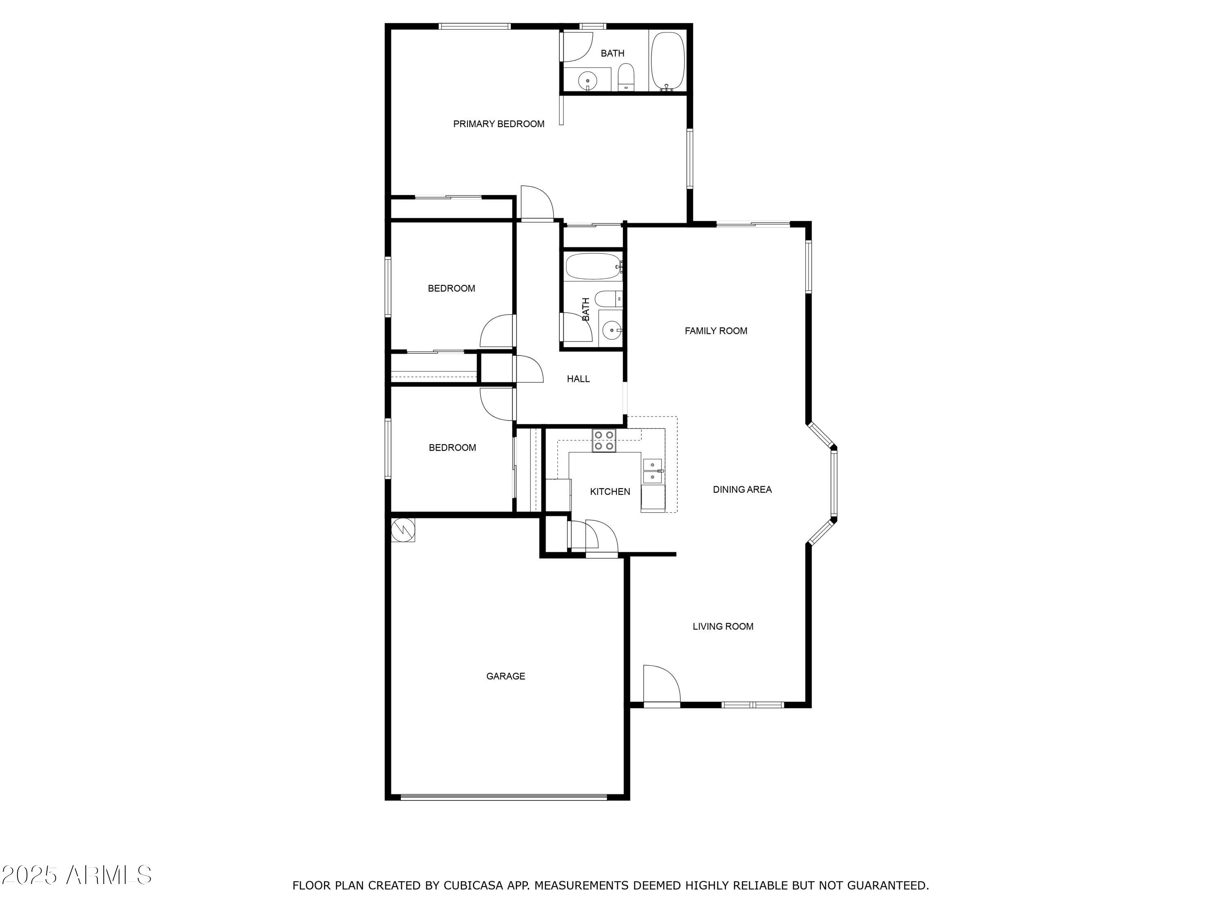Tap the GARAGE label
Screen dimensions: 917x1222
point(506,676)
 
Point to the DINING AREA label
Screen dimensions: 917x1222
point(742,489)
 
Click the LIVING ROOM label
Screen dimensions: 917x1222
point(723,626)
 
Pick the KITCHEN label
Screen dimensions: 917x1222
point(610,492)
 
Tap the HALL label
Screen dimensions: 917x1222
point(578,379)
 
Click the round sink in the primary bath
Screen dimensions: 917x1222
point(587,81)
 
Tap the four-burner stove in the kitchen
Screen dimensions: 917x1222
point(604,441)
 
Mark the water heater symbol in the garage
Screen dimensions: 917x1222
point(403,529)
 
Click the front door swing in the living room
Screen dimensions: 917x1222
point(660,684)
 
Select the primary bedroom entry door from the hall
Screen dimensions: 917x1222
point(536,203)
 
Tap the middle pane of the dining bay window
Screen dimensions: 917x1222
point(834,484)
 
